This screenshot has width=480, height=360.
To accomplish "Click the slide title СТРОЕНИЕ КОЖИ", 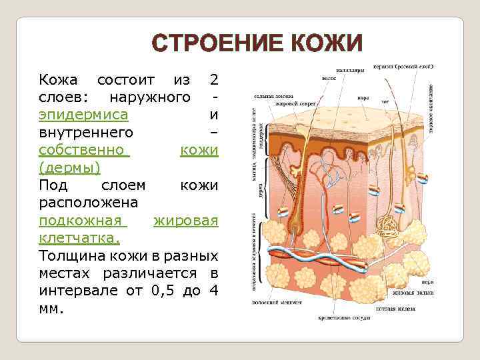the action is pyautogui.click(x=257, y=44).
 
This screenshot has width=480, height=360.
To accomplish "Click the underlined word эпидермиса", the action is pyautogui.click(x=83, y=114).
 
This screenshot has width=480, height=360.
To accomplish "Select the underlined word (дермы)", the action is pyautogui.click(x=70, y=166).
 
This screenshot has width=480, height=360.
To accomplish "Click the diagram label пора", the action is pyautogui.click(x=363, y=97).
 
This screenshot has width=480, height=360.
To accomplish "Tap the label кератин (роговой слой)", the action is pyautogui.click(x=403, y=67).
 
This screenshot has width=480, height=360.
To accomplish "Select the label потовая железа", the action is pyautogui.click(x=401, y=309).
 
